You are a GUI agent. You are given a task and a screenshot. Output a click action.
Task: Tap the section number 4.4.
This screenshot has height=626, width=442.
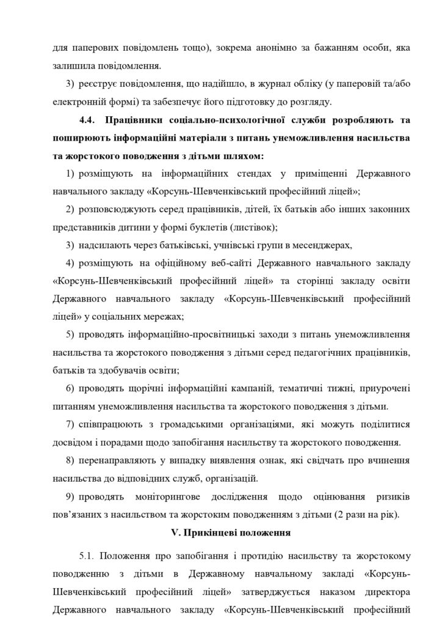(90, 119)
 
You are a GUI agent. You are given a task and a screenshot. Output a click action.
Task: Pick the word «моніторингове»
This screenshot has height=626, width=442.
(170, 496)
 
